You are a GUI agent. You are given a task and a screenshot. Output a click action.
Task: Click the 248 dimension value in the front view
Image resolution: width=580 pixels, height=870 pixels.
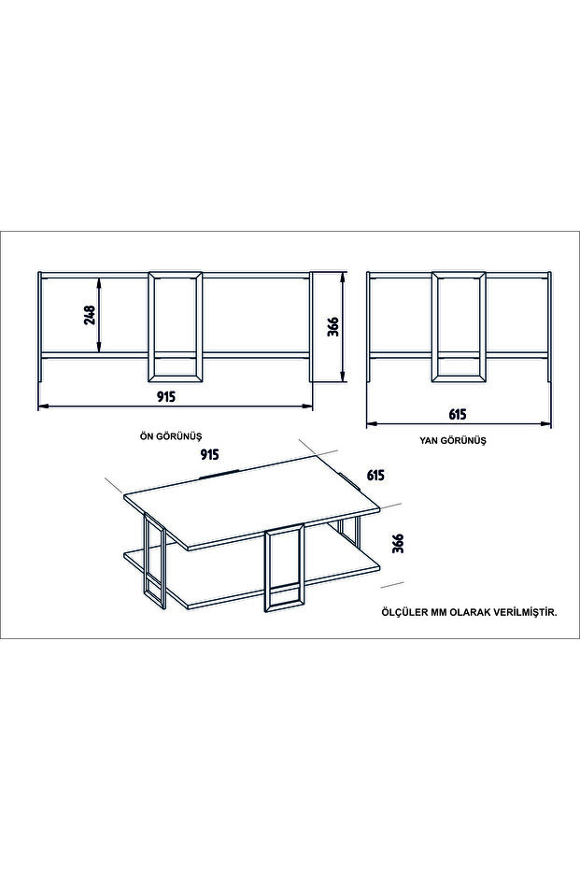[x=91, y=315]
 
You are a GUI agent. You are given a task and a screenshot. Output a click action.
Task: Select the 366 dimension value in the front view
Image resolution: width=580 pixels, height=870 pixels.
[x=333, y=327]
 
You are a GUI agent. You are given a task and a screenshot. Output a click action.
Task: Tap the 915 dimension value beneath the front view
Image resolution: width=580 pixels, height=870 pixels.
[x=166, y=396]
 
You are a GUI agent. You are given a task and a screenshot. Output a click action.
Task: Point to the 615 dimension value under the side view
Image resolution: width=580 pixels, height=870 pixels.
[x=458, y=414]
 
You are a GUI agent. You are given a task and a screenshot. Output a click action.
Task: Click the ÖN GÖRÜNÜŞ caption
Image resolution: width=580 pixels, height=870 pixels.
[x=170, y=435]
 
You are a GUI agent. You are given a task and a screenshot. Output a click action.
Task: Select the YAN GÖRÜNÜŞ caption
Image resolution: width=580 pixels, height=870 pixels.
[x=452, y=440]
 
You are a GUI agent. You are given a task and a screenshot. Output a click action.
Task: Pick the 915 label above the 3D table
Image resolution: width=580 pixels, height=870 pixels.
[x=209, y=454]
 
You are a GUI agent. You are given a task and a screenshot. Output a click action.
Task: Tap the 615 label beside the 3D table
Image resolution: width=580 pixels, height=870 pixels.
[x=375, y=475]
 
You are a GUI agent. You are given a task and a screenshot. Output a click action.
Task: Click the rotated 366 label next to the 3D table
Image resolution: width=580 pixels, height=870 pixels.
[x=398, y=543]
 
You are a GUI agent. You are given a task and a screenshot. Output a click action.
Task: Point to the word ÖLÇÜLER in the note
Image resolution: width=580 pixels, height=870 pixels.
[x=399, y=613]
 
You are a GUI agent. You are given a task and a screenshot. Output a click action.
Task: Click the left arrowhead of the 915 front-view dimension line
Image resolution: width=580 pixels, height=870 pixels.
[x=43, y=406]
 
